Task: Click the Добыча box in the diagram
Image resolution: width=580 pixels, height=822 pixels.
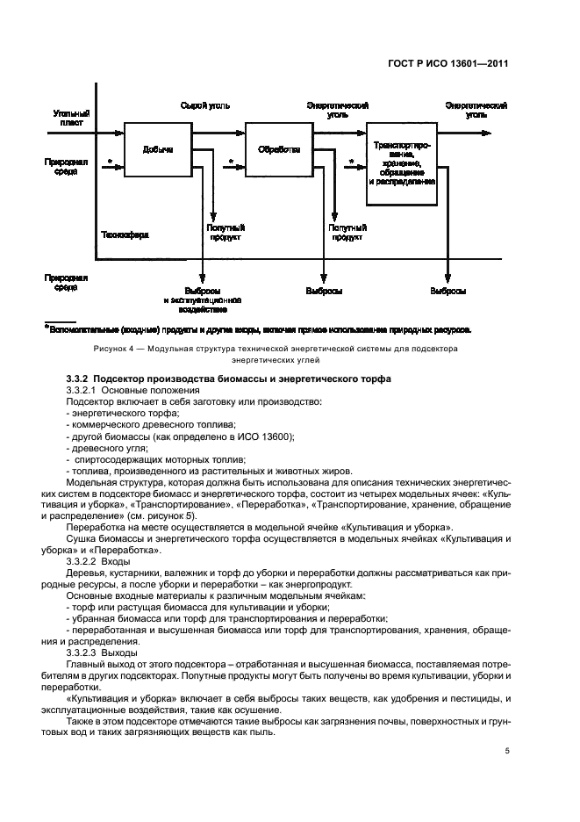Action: click(x=158, y=149)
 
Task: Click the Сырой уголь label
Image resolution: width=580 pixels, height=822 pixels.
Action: click(x=204, y=105)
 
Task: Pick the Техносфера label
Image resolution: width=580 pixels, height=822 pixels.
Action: click(x=125, y=235)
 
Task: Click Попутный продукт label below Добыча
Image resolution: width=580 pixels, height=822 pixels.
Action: click(x=219, y=232)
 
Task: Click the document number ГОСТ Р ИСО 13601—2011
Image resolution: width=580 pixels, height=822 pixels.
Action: click(x=455, y=63)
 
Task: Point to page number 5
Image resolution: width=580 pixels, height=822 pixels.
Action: click(x=508, y=751)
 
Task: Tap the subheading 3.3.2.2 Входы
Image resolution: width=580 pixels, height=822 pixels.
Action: click(x=98, y=559)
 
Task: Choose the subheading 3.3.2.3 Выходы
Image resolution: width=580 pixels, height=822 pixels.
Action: click(x=102, y=653)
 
